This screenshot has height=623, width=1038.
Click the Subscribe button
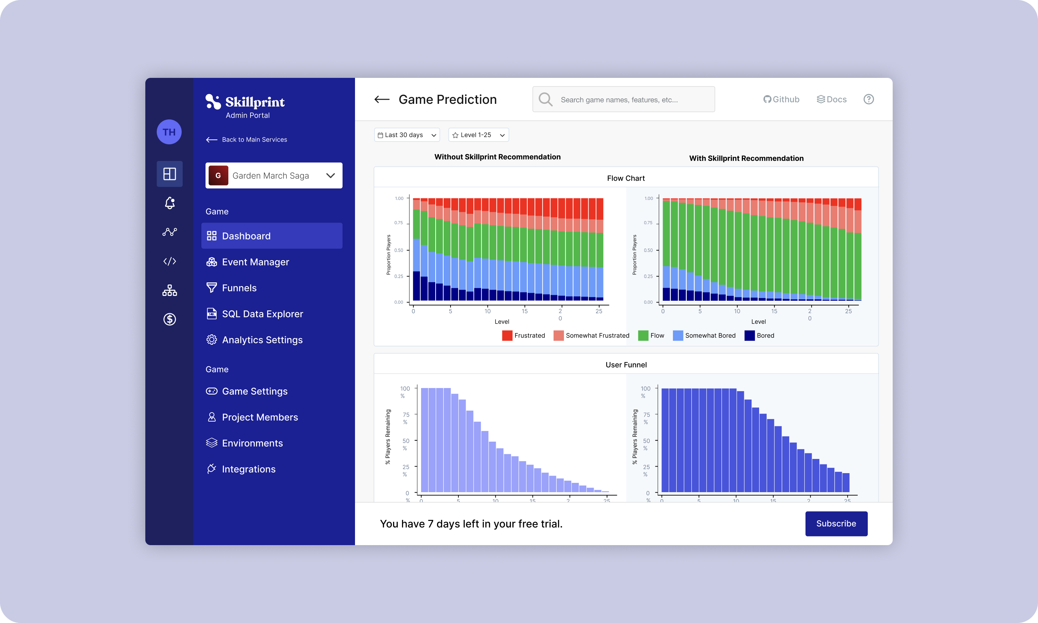click(836, 524)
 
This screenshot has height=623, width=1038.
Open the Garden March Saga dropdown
click(274, 175)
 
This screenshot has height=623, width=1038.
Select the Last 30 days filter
click(407, 135)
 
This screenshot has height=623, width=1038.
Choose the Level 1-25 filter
click(478, 135)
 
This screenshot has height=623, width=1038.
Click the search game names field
click(623, 99)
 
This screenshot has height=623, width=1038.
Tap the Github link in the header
click(781, 99)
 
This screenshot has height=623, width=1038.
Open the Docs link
click(831, 99)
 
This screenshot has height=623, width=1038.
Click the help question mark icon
click(868, 99)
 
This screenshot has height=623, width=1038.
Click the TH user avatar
click(169, 132)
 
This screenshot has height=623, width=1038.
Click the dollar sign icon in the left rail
click(170, 319)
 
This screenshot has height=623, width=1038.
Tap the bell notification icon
click(170, 203)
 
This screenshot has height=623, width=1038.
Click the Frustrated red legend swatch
click(507, 335)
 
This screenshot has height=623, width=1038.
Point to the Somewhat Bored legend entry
click(704, 335)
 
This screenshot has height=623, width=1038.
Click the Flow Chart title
click(626, 178)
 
